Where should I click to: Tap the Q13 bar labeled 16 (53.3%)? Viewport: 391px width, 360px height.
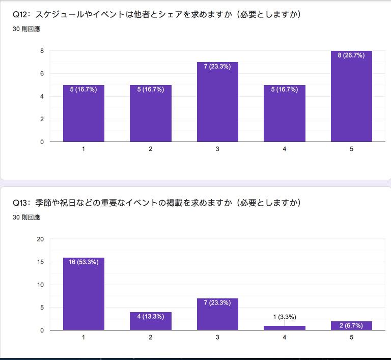pyautogui.click(x=83, y=295)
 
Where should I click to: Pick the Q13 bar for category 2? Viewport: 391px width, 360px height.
pyautogui.click(x=151, y=322)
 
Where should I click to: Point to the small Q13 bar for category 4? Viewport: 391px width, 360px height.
pyautogui.click(x=285, y=328)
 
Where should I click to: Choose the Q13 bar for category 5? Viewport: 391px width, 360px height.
pyautogui.click(x=351, y=326)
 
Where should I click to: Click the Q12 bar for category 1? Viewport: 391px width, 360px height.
pyautogui.click(x=83, y=115)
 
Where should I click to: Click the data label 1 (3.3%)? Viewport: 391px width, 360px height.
pyautogui.click(x=285, y=317)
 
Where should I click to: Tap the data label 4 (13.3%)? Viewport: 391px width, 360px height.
pyautogui.click(x=151, y=316)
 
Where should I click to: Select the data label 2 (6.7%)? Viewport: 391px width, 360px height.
pyautogui.click(x=351, y=325)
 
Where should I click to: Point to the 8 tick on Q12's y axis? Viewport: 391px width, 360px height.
pyautogui.click(x=42, y=51)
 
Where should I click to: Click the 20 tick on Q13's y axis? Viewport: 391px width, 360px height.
pyautogui.click(x=41, y=239)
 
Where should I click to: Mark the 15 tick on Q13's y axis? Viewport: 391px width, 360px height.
pyautogui.click(x=41, y=262)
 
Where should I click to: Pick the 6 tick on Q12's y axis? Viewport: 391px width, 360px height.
pyautogui.click(x=42, y=74)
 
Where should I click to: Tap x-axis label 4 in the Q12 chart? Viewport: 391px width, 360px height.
pyautogui.click(x=285, y=149)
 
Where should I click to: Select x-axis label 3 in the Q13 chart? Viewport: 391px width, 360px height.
pyautogui.click(x=217, y=337)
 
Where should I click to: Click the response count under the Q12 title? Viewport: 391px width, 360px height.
pyautogui.click(x=26, y=29)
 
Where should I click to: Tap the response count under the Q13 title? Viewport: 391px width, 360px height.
pyautogui.click(x=26, y=217)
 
